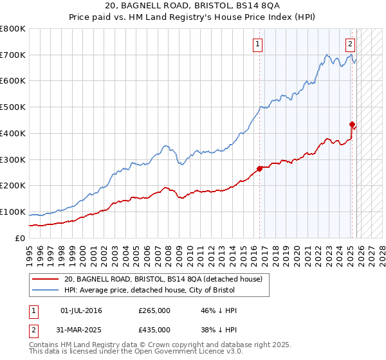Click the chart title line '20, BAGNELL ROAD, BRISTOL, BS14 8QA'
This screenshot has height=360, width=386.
(192, 7)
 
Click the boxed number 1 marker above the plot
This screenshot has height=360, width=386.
(257, 44)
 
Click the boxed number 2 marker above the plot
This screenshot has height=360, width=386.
(350, 44)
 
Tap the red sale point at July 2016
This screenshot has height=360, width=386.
(260, 168)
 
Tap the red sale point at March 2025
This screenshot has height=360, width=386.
(352, 124)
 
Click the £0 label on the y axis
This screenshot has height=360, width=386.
(21, 239)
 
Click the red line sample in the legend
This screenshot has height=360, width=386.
(46, 279)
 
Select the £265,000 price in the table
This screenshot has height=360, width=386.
(154, 310)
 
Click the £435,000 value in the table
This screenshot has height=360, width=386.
(154, 329)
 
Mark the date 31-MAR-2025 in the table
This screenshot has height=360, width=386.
(82, 329)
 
